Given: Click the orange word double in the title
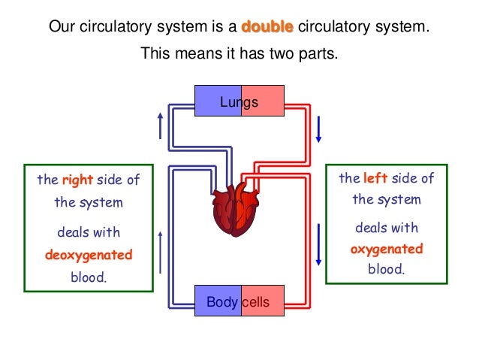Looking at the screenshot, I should click(267, 28).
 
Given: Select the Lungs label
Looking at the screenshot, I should click(239, 102).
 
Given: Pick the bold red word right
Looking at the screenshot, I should click(77, 180).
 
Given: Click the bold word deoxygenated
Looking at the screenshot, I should click(89, 255).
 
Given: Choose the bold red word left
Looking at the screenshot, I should click(376, 178).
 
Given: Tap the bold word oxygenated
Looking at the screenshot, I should click(387, 249).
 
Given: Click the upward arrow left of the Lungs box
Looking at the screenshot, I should click(160, 126).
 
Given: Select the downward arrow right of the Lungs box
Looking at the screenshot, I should click(318, 129).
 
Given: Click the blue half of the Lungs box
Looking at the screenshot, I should click(210, 101).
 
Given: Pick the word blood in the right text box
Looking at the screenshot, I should click(386, 269).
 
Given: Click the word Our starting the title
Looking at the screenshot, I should click(62, 28).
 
